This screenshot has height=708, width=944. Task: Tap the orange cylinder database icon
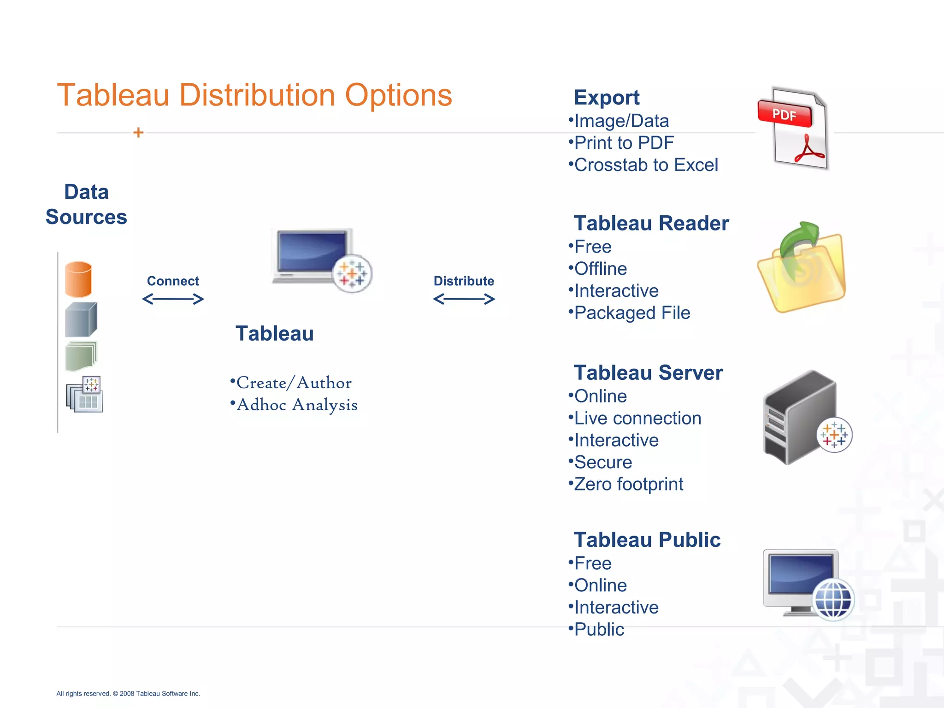click(78, 279)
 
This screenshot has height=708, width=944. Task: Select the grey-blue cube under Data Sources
click(81, 319)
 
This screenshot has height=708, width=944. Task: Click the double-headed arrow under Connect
click(173, 299)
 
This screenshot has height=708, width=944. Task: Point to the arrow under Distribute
click(464, 299)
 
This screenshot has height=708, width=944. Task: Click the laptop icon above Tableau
click(313, 256)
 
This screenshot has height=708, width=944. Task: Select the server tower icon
click(800, 417)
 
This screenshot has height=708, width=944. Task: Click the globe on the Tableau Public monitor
click(833, 600)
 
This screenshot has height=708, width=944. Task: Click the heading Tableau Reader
click(651, 224)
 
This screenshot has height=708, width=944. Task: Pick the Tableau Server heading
click(648, 373)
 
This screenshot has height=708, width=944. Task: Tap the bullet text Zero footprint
click(628, 484)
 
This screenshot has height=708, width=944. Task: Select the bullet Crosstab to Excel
click(646, 165)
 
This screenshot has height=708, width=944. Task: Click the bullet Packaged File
click(632, 313)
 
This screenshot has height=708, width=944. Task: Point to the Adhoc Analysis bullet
click(296, 405)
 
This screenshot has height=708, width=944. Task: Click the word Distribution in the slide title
click(257, 95)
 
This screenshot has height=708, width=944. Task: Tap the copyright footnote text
click(128, 694)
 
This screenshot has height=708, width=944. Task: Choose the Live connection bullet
click(637, 419)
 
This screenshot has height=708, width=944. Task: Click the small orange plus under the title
click(138, 133)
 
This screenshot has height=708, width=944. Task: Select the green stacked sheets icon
click(81, 356)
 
